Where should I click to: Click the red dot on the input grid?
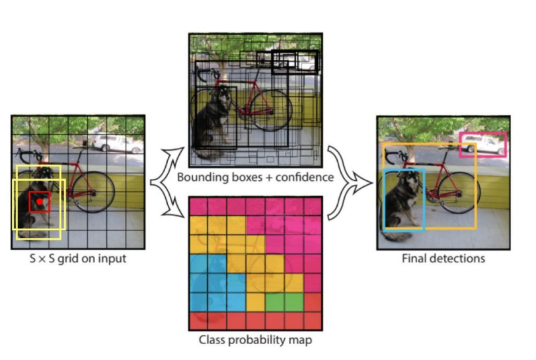pos(40,201)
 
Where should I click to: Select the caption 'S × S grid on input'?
pos(78,259)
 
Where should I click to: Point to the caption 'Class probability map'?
pos(255,341)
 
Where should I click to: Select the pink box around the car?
pos(483,145)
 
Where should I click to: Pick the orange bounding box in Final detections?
pos(475,192)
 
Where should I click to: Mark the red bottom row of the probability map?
pos(255,321)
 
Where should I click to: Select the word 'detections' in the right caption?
pos(457,258)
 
